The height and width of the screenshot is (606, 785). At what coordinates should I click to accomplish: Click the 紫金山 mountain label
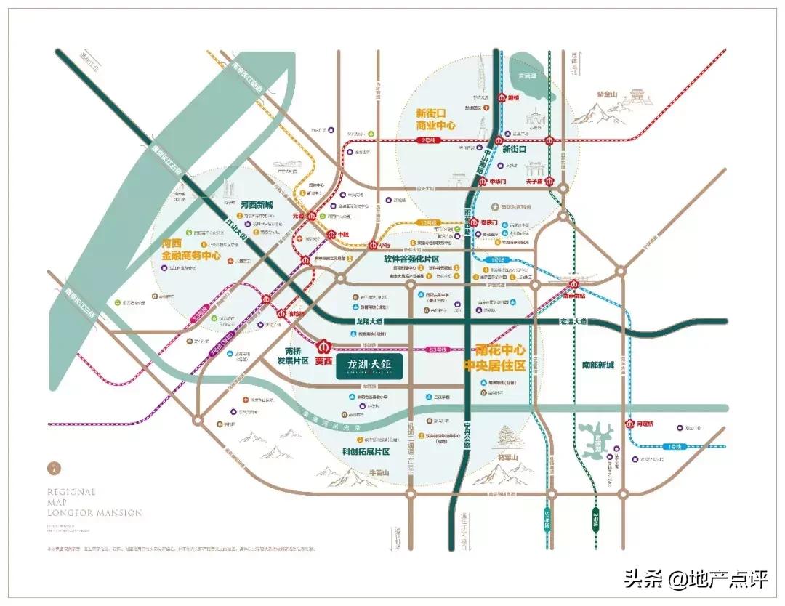tap(606, 94)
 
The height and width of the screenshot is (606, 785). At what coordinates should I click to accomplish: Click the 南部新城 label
tap(598, 365)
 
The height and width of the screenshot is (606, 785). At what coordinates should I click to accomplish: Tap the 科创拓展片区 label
tap(366, 451)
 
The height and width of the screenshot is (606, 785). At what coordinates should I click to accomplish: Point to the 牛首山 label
tap(381, 473)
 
